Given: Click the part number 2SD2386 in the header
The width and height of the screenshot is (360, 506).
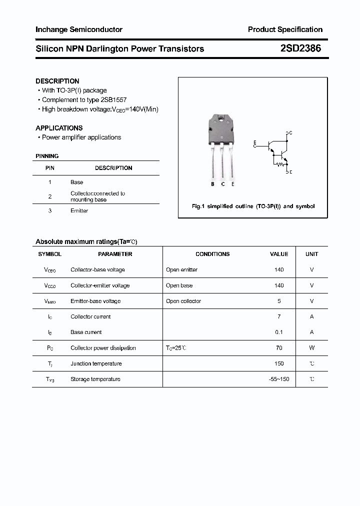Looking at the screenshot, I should [x=300, y=48].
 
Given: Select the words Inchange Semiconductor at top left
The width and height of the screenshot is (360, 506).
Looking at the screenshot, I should [x=78, y=29].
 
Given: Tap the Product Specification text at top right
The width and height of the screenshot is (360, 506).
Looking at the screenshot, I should [x=285, y=29].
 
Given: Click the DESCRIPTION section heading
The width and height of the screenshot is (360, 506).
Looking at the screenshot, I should [x=57, y=81].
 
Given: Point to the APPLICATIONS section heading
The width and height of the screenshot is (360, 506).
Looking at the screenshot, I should [x=59, y=128].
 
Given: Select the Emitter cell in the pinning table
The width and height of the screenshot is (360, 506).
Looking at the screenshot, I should [x=79, y=211].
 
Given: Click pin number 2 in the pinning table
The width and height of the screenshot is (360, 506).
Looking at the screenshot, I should [x=50, y=196].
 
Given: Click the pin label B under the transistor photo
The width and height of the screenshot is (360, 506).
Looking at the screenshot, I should [x=212, y=184].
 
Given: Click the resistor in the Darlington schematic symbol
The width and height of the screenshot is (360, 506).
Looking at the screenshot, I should [x=281, y=163].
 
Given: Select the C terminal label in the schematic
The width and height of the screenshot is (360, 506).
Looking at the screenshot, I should [x=290, y=133].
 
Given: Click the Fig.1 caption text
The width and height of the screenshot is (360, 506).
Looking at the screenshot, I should [x=253, y=206].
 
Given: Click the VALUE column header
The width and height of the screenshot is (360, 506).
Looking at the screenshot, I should [x=279, y=254].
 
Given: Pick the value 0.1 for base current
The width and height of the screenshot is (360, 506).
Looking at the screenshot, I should [x=279, y=332].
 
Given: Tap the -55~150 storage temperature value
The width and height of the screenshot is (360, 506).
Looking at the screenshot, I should [x=279, y=379].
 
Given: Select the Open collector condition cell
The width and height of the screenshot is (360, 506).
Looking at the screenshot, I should [x=183, y=301].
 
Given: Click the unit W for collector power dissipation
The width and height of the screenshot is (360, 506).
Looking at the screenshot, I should [x=311, y=348].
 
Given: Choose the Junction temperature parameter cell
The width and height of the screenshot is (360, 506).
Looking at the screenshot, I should [x=96, y=364].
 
